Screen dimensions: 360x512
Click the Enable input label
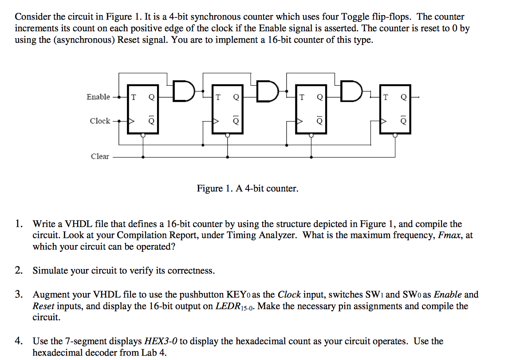[98, 97]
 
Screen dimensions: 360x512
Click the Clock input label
[100, 121]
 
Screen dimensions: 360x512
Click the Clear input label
[100, 156]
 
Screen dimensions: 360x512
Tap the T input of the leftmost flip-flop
[134, 97]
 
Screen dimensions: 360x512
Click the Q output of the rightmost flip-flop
[403, 97]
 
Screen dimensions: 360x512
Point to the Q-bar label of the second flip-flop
[236, 121]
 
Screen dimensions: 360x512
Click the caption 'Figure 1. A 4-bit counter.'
[248, 189]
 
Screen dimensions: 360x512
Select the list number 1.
[18, 224]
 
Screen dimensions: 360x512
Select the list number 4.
[18, 341]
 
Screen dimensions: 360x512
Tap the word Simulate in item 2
[50, 271]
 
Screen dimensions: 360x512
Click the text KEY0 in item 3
[239, 294]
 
